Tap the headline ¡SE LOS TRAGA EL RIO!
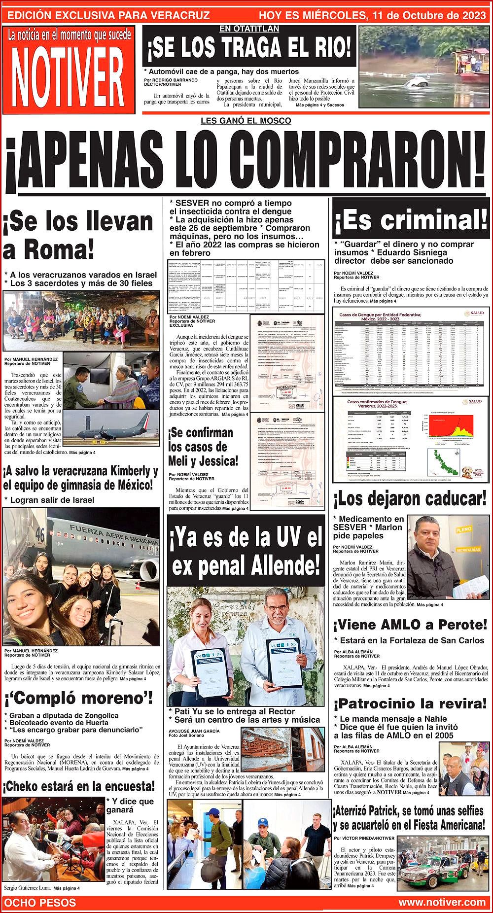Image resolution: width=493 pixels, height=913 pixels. tap(249, 49)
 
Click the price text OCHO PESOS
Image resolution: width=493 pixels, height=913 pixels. tap(40, 902)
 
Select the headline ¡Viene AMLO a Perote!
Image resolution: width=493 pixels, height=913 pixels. tap(410, 625)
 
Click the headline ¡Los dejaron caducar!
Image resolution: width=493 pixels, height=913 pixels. tap(410, 499)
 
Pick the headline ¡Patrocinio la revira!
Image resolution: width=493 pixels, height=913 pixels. tap(410, 703)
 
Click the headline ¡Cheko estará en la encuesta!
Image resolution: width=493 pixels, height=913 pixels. tap(79, 786)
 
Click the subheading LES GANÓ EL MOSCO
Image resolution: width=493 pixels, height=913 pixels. tap(246, 121)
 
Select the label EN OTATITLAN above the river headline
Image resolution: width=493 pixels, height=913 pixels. tap(249, 29)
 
